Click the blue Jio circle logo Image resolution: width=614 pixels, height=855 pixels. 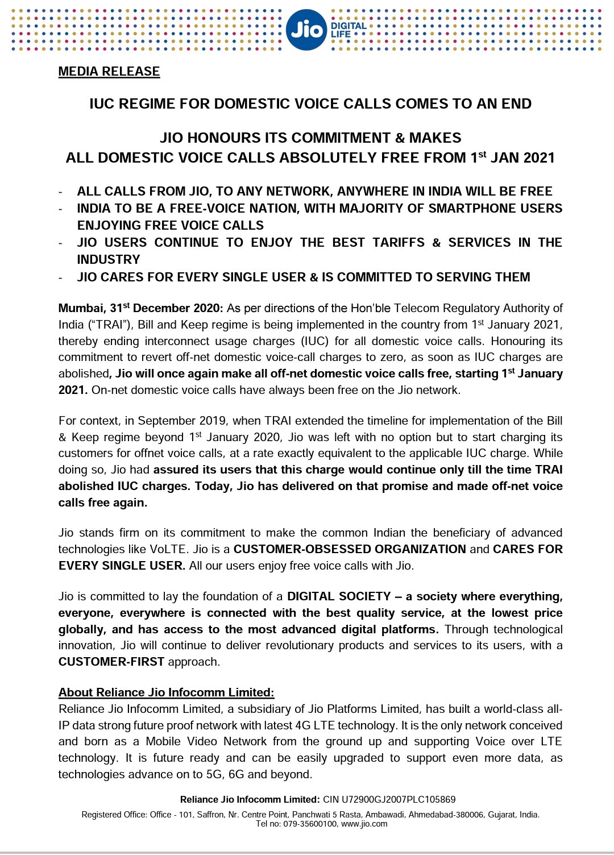tap(306, 30)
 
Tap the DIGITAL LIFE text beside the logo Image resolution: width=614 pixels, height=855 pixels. tap(348, 30)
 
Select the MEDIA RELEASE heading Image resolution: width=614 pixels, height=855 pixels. tap(109, 72)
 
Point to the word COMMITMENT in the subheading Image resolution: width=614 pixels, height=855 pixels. tap(335, 138)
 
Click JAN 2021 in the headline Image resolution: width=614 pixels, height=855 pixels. tap(522, 158)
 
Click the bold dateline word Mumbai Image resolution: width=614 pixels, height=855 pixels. tap(82, 308)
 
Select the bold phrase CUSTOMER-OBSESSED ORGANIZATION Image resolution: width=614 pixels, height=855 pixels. tap(350, 549)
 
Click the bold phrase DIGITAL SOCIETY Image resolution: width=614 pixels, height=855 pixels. tap(339, 596)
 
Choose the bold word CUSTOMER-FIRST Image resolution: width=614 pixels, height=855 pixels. tap(111, 662)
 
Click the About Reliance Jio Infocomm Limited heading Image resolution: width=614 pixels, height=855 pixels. tap(166, 692)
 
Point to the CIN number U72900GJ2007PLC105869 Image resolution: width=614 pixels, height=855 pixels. tap(399, 799)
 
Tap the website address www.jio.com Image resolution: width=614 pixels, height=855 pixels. tap(364, 824)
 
